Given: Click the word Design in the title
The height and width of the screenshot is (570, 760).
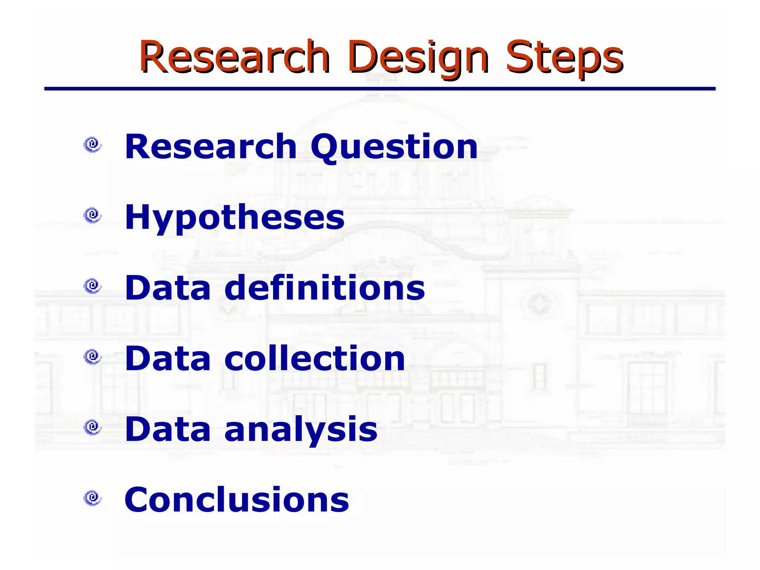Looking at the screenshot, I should (x=417, y=58).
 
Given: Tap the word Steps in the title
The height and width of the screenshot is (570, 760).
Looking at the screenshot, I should (x=564, y=58).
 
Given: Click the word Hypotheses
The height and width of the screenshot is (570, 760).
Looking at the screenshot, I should (x=235, y=218).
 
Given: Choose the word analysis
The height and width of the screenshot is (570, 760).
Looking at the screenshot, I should (x=301, y=429).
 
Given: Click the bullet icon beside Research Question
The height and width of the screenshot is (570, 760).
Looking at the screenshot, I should (x=92, y=144).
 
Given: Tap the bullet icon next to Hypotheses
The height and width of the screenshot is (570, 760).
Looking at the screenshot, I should (x=92, y=215).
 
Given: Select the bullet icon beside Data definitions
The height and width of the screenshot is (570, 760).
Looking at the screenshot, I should (x=92, y=286).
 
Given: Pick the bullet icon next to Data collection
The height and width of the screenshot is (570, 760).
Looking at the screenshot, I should (x=92, y=357).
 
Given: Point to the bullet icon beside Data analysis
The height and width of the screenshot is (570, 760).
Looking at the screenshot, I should (x=92, y=427).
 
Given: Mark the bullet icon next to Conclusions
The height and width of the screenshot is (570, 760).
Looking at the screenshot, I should (x=92, y=498).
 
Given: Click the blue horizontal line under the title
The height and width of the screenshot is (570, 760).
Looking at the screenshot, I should (x=380, y=89).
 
